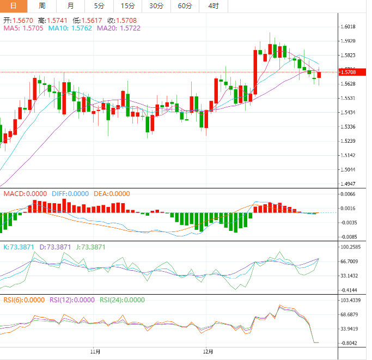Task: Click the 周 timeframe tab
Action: coord(42,6)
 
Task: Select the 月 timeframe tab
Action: coord(71,6)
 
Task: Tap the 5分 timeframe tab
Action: coord(99,6)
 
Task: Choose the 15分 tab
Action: coord(127,6)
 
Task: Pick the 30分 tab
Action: coord(156,6)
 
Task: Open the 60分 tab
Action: coord(185,6)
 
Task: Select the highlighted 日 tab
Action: coord(14,6)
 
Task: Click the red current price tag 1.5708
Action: coord(347,72)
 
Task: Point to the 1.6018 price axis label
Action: coord(347,27)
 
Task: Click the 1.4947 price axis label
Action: coord(347,184)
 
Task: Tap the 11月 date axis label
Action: coord(95,351)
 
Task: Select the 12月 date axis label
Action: coord(208,351)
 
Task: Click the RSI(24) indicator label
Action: coord(123,300)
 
